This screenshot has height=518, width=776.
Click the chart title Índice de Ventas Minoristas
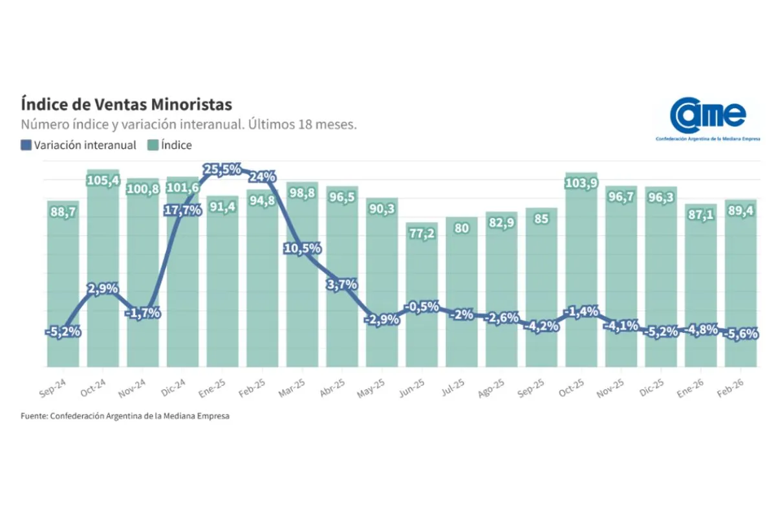pyautogui.click(x=126, y=104)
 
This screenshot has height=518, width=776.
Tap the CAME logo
pyautogui.click(x=707, y=117)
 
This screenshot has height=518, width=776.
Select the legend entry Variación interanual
pyautogui.click(x=79, y=145)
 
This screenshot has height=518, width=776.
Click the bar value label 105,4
pyautogui.click(x=103, y=181)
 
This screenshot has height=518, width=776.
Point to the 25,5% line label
pyautogui.click(x=222, y=170)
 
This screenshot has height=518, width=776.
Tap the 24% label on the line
pyautogui.click(x=263, y=177)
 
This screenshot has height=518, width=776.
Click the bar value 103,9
pyautogui.click(x=581, y=183)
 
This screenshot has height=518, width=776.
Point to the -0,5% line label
pyautogui.click(x=422, y=307)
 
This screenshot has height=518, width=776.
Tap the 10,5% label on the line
pyautogui.click(x=302, y=249)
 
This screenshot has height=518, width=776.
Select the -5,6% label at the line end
pyautogui.click(x=740, y=334)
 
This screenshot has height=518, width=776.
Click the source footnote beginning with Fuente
pyautogui.click(x=125, y=416)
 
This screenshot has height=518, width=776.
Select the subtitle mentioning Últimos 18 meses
pyautogui.click(x=189, y=124)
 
